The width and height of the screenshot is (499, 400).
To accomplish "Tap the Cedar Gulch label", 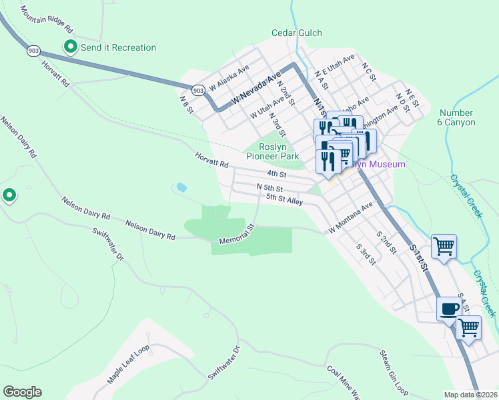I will coord(297,33).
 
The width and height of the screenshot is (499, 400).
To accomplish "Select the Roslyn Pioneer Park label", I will coord(272,152).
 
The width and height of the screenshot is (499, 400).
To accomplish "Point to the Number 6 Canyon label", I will coord(457,118).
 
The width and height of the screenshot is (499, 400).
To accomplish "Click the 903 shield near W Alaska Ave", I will coord(197,89).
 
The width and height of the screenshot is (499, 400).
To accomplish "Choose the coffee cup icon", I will coord(448,308).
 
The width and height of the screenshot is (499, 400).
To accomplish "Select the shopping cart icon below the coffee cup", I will coord(468,327).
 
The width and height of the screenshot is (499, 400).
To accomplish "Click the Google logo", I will coord(22,392).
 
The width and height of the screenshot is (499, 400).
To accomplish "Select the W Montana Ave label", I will coord(350,219).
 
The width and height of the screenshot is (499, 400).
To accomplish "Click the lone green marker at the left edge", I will coord(9,195).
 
